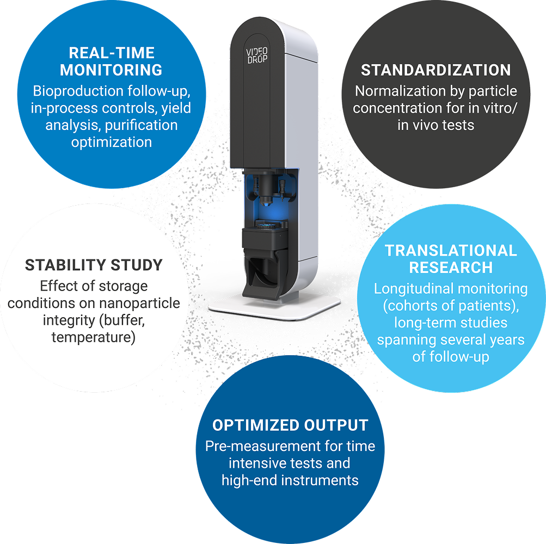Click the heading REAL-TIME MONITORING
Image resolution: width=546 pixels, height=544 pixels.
coord(111,61)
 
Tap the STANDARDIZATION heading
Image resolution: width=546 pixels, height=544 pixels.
coord(436,70)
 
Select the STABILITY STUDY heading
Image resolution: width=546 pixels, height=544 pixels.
coord(94,265)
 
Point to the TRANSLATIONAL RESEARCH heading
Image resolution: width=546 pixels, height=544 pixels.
coord(451,259)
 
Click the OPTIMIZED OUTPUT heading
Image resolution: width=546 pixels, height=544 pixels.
coord(290,425)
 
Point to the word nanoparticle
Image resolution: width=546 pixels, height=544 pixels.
coord(146,303)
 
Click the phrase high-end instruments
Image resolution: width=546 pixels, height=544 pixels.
coord(290,480)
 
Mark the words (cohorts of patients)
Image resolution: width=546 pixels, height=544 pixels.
coord(451,306)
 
